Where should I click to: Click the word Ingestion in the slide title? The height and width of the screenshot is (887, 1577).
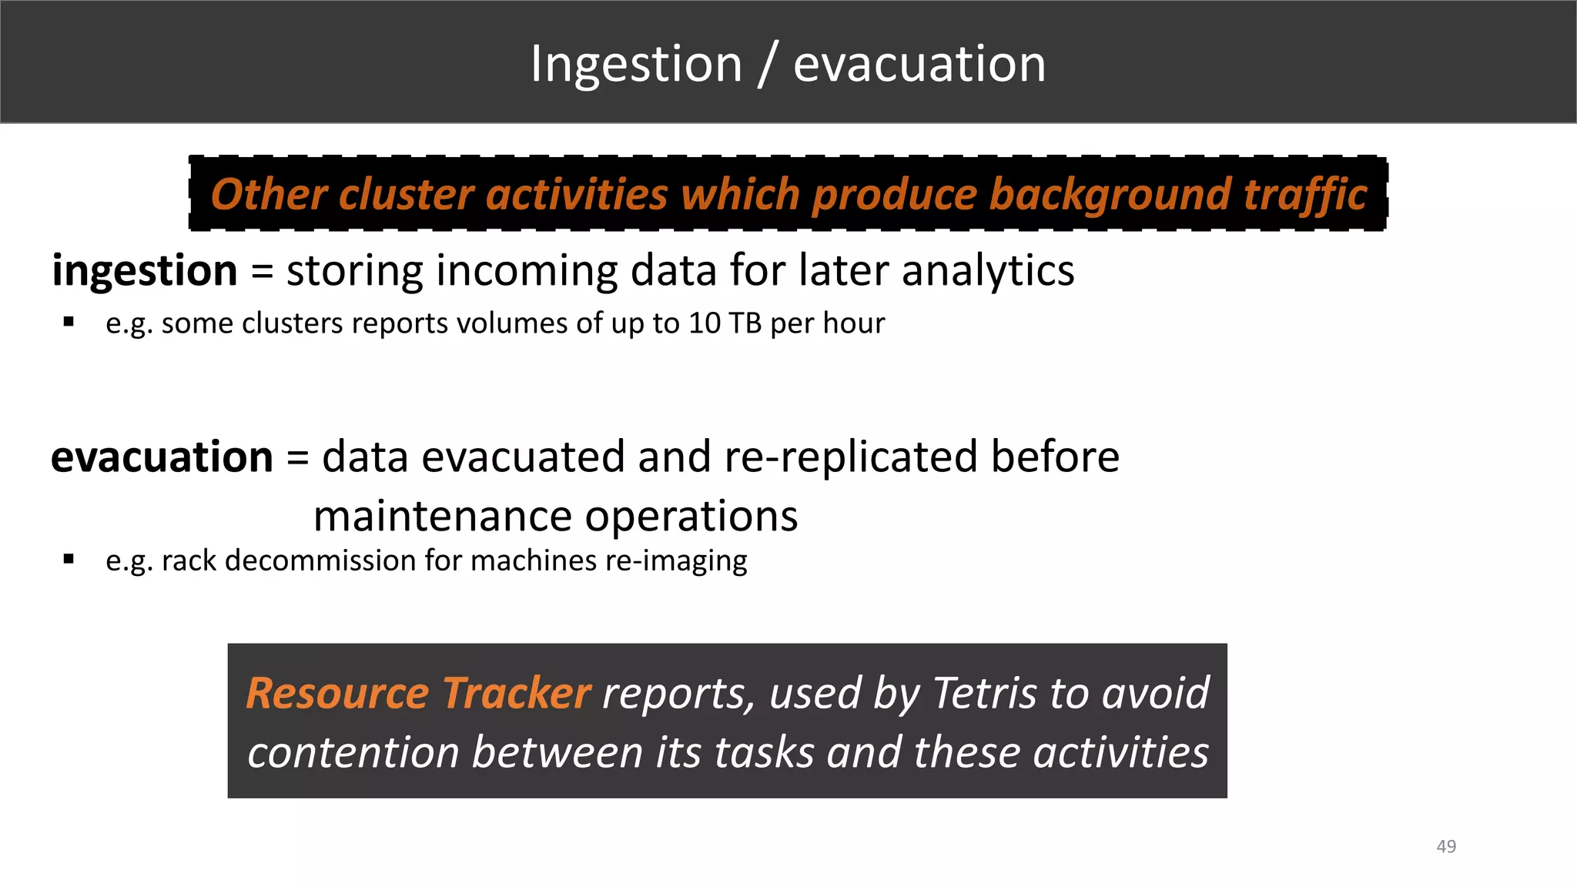click(636, 65)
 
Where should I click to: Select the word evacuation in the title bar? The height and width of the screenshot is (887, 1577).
click(919, 65)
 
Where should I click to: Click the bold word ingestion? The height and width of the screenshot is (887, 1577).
click(145, 271)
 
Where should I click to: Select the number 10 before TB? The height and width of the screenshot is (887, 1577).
click(704, 323)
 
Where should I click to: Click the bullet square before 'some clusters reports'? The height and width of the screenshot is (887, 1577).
click(69, 322)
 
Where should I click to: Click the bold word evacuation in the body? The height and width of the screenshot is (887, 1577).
click(162, 457)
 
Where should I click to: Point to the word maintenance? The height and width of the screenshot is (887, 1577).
click(443, 516)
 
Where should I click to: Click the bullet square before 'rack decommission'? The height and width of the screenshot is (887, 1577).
click(69, 560)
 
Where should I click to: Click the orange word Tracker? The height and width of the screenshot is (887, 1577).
click(516, 693)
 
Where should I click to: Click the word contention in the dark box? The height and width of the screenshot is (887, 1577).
click(353, 752)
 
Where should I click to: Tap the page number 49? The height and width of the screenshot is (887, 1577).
click(1446, 846)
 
